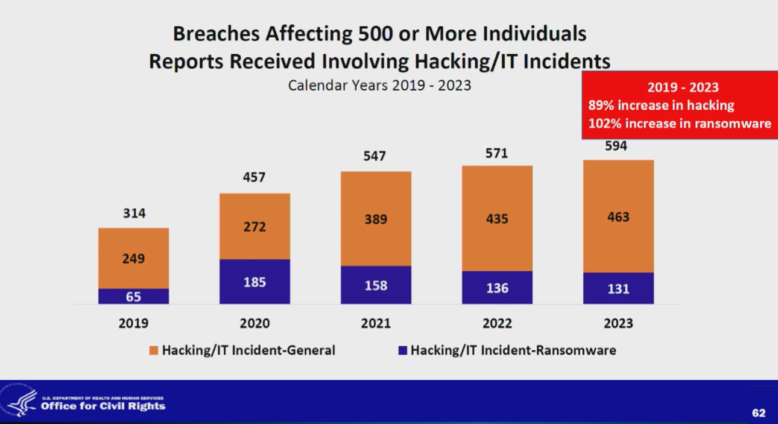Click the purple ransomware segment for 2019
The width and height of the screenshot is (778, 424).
click(x=134, y=296)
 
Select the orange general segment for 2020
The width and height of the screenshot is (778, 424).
click(x=255, y=226)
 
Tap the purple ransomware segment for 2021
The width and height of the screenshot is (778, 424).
click(x=376, y=285)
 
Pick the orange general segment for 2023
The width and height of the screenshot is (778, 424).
click(x=618, y=217)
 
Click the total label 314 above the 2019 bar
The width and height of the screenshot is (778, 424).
click(x=134, y=213)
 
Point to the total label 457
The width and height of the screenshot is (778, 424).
click(x=255, y=177)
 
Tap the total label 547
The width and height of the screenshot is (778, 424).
click(x=375, y=156)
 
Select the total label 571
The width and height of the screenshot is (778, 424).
click(x=497, y=153)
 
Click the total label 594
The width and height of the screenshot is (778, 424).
click(x=616, y=145)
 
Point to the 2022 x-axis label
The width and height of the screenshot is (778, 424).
click(x=497, y=323)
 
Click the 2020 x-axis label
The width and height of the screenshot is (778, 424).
click(x=255, y=323)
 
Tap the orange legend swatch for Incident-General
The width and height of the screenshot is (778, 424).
click(x=154, y=350)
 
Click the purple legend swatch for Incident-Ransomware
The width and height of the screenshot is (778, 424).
click(x=402, y=350)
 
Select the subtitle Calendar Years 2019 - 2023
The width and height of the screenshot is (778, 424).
click(x=379, y=86)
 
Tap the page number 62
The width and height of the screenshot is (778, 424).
click(x=759, y=413)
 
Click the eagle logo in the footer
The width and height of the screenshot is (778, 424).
click(x=21, y=403)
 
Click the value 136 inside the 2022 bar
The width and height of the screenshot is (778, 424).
click(x=497, y=288)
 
